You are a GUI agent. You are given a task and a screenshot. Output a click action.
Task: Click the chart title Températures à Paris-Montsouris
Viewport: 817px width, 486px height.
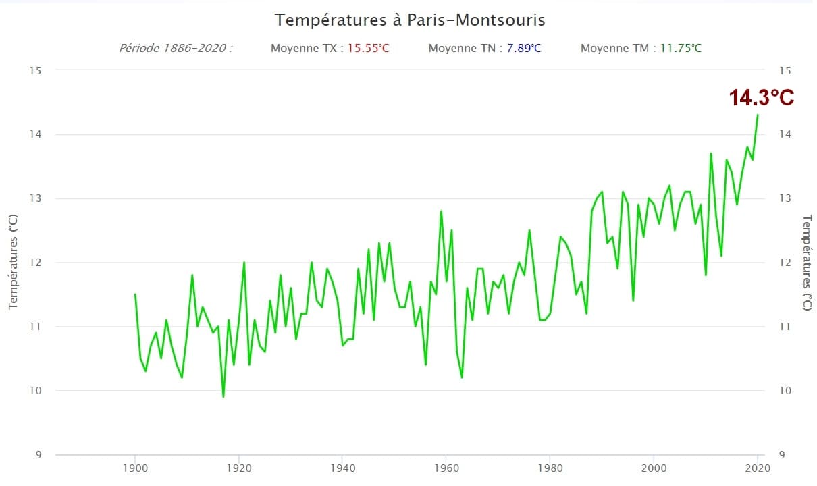410,20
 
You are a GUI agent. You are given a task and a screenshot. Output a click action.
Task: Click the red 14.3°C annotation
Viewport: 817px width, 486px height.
761,98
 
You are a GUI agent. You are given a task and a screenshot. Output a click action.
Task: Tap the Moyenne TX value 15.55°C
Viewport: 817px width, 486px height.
368,49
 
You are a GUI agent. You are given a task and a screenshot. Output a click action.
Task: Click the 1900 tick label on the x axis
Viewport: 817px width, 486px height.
135,468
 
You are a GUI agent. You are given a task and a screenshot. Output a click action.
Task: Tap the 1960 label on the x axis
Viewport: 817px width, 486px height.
446,468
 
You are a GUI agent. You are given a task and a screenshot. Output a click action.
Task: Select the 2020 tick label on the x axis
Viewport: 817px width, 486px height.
757,468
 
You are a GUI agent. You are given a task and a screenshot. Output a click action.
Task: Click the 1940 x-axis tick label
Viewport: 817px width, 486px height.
342,468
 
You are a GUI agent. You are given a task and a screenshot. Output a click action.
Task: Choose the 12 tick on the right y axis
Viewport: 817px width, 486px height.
785,263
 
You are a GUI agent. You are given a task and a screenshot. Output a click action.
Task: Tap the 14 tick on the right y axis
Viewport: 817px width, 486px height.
785,134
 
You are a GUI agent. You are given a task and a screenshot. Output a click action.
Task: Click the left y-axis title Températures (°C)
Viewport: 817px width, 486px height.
14,263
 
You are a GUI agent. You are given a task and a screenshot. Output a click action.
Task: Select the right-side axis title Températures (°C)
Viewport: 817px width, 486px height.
806,263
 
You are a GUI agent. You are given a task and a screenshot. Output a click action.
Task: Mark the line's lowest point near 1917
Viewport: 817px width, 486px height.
223,396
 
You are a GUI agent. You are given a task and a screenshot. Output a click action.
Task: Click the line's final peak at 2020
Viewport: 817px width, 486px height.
758,115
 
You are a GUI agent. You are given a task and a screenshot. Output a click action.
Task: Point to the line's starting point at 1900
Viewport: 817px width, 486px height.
135,294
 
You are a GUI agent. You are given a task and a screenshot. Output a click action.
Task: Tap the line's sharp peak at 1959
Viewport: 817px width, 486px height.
441,211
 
